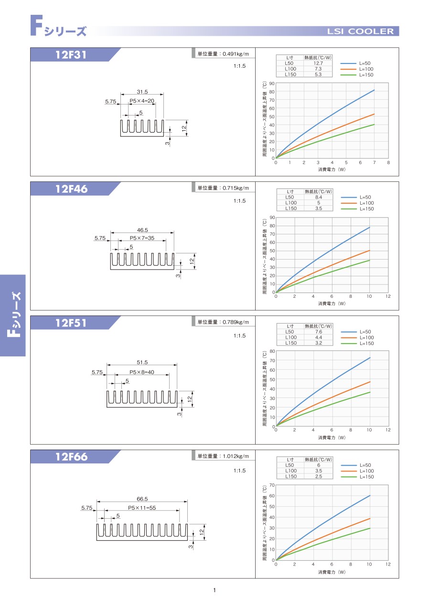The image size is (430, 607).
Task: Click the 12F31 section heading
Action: click(71, 55)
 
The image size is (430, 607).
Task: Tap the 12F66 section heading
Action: click(71, 457)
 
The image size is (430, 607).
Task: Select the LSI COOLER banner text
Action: click(360, 32)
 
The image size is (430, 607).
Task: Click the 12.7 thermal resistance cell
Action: click(318, 63)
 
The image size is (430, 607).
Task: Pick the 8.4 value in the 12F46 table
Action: click(318, 197)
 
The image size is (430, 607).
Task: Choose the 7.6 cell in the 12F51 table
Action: click(318, 332)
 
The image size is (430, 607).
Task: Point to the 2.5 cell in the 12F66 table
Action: click(318, 476)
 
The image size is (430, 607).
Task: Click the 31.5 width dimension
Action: click(142, 92)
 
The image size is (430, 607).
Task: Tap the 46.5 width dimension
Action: click(142, 230)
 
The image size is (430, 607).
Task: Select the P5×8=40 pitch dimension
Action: click(141, 372)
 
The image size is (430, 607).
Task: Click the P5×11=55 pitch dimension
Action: click(142, 508)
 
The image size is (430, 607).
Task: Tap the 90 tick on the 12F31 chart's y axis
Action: click(271, 84)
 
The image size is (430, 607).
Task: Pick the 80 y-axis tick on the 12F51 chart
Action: click(271, 351)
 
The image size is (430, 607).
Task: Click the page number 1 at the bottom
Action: click(215, 591)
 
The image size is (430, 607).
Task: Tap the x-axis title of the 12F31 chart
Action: click(332, 169)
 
